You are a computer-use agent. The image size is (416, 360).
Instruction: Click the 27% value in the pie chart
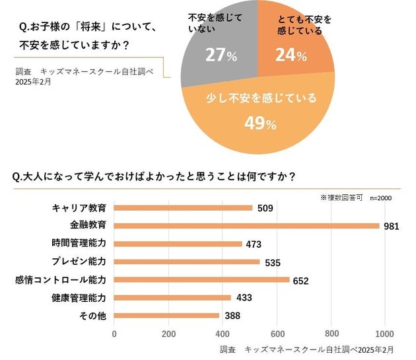[221, 55]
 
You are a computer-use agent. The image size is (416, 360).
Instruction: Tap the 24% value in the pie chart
[291, 55]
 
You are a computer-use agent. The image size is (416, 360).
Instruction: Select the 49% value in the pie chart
[260, 124]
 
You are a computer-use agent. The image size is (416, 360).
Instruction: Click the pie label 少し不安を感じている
[262, 98]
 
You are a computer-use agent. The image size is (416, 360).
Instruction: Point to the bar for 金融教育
[247, 225]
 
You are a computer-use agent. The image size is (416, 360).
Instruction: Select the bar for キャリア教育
[184, 207]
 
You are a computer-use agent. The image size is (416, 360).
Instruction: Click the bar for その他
[167, 316]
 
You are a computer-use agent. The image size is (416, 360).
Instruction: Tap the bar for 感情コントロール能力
[202, 279]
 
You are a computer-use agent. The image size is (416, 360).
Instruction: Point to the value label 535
[273, 262]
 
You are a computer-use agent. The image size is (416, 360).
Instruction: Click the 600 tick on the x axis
[277, 333]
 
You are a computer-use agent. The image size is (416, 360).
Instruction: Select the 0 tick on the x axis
[115, 333]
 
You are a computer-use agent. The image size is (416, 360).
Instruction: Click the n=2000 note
[381, 198]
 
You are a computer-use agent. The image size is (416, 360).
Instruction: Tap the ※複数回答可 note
[341, 198]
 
